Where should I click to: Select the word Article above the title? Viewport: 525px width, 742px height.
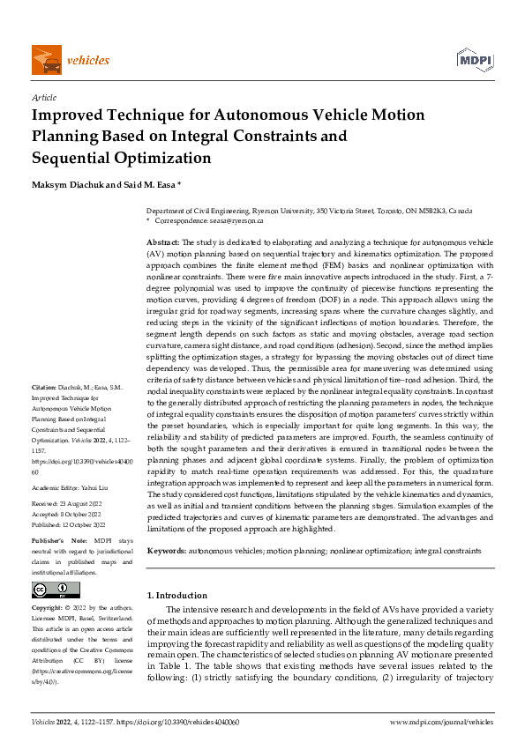43,99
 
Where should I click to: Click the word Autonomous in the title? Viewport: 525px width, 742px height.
251,115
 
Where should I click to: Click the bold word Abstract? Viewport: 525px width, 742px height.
163,241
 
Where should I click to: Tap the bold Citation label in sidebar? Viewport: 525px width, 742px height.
45,387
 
